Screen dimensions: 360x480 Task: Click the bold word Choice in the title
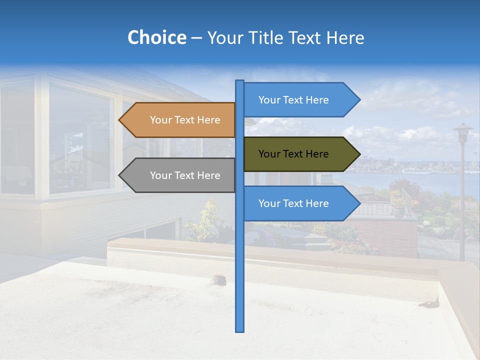coord(156,37)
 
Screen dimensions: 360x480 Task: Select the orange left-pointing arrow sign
coord(180,120)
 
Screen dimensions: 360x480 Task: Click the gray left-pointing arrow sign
coord(180,175)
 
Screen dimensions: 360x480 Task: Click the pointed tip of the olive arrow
coord(359,154)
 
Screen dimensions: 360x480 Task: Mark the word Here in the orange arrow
coord(208,120)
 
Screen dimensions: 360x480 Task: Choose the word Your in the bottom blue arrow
coord(268,203)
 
